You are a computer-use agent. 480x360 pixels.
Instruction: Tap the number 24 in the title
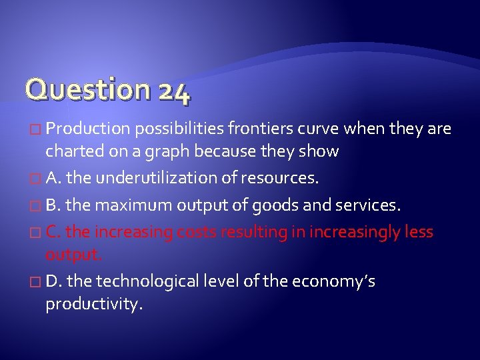175,91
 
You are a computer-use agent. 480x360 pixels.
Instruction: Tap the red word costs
197,232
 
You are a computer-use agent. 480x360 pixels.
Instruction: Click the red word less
419,232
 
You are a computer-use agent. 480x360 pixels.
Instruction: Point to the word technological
149,281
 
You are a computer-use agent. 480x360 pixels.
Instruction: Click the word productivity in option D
94,305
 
